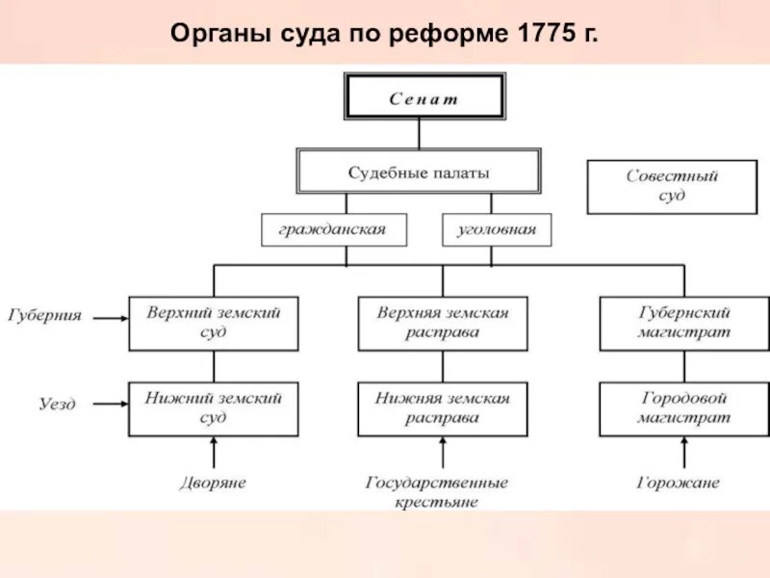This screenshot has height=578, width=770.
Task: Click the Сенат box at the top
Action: (x=423, y=97)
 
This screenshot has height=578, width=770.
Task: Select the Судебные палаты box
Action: (x=419, y=173)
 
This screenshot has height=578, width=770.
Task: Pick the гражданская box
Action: (x=333, y=230)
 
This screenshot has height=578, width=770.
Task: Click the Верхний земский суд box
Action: (x=214, y=323)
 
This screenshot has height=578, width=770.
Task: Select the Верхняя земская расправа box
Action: (x=443, y=323)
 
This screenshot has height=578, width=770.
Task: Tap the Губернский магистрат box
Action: (x=683, y=323)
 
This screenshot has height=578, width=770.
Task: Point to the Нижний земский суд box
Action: (x=214, y=408)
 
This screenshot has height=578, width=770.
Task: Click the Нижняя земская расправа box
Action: (x=443, y=408)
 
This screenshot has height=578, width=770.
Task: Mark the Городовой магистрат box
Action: (x=683, y=408)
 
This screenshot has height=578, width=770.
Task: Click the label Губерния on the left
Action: (x=45, y=315)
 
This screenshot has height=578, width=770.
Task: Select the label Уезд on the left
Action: (x=57, y=404)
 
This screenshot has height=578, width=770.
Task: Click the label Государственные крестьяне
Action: (x=436, y=491)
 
